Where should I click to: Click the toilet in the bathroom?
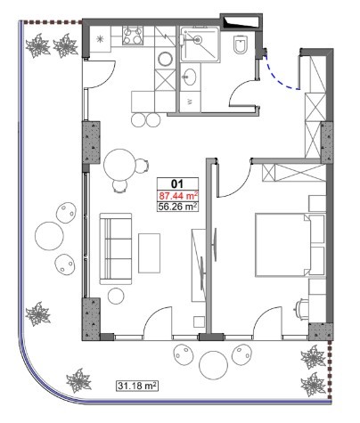coord(241,45)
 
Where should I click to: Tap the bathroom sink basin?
coord(189,77)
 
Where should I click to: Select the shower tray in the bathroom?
coord(200,44)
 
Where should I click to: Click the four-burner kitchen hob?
coord(133,36)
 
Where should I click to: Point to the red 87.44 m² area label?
coord(178,196)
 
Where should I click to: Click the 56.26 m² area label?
coord(178,207)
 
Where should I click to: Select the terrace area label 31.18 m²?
coord(137,386)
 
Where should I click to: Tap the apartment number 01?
coord(177,184)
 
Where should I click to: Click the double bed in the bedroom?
coord(290,245)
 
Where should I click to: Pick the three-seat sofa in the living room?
coord(116,248)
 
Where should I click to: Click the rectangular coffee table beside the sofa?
coord(149,253)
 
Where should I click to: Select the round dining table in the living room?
coord(119,164)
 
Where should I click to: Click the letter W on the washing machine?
coord(190,102)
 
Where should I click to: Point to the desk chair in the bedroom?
coord(300,310)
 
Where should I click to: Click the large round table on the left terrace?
coord(49,236)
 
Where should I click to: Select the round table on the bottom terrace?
coord(213,365)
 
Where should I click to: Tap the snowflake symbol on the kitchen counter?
coord(100,38)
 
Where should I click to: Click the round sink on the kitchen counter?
coord(166,59)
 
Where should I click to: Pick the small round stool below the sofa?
coord(116,296)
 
